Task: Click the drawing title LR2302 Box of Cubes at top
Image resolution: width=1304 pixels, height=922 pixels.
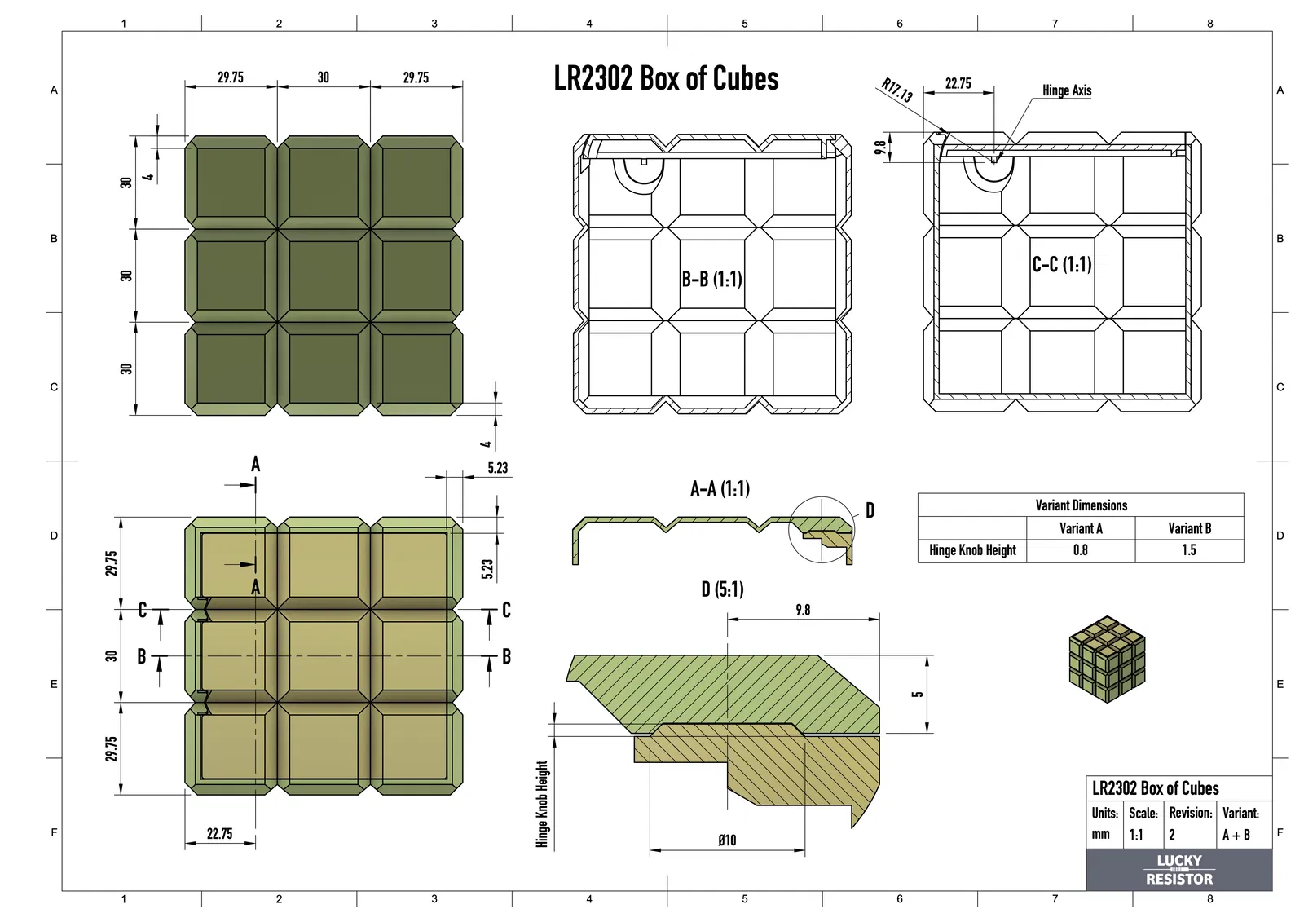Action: pyautogui.click(x=666, y=78)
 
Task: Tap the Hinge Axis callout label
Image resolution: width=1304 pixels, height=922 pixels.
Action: pyautogui.click(x=1067, y=90)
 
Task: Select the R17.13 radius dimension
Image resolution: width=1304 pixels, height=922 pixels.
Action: pyautogui.click(x=897, y=90)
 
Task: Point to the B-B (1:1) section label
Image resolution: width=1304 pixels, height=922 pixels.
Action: pyautogui.click(x=712, y=279)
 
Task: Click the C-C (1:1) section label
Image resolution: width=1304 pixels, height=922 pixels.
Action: pyautogui.click(x=1062, y=264)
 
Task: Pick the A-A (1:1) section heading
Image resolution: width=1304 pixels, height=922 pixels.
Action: pyautogui.click(x=720, y=488)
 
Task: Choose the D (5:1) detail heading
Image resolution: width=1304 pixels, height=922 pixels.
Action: pyautogui.click(x=722, y=589)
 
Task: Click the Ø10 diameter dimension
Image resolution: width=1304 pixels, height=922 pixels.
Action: pyautogui.click(x=727, y=840)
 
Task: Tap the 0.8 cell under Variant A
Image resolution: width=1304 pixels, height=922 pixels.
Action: pyautogui.click(x=1081, y=550)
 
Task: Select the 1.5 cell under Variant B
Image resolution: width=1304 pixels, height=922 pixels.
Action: pyautogui.click(x=1189, y=550)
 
